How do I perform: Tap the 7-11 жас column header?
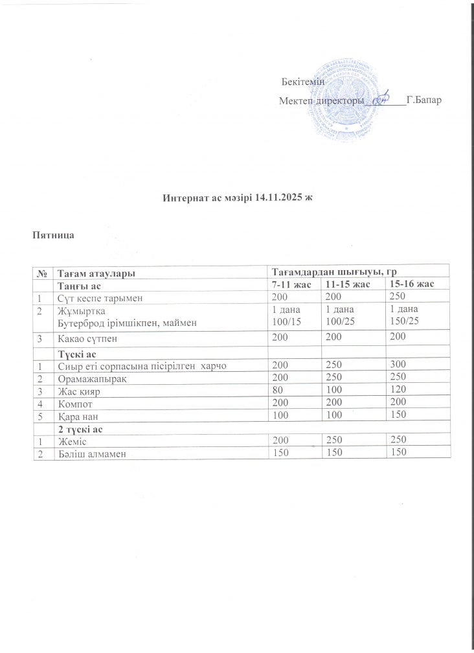click(x=293, y=284)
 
